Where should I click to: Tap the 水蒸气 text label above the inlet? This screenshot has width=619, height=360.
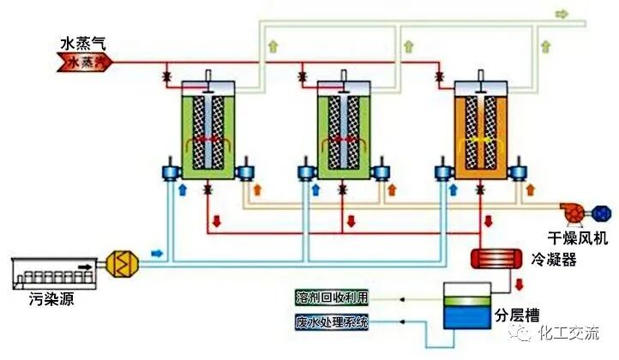click(x=84, y=41)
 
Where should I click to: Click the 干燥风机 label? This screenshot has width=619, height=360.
click(x=578, y=235)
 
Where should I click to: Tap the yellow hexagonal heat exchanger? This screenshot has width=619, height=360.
click(x=119, y=264)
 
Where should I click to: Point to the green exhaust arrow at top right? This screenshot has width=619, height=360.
click(x=562, y=14)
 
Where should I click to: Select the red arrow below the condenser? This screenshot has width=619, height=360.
click(x=520, y=282)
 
